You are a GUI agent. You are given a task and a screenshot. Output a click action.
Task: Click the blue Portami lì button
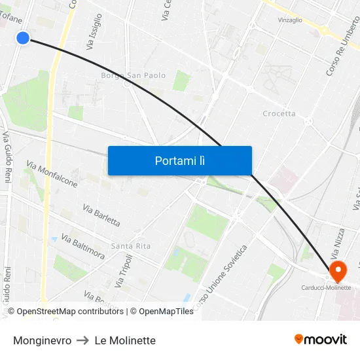179,160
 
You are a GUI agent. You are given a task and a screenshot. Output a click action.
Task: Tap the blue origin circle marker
23,38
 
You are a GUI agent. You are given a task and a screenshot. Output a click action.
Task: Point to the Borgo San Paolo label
133,75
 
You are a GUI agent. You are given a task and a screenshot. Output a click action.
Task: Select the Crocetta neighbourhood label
279,113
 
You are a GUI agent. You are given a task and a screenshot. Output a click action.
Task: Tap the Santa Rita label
130,246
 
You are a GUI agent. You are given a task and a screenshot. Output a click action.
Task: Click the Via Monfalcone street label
52,174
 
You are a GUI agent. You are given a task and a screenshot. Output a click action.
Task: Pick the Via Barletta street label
101,215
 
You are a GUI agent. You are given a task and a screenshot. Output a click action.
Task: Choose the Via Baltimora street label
82,246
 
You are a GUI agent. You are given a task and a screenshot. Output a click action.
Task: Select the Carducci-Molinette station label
326,287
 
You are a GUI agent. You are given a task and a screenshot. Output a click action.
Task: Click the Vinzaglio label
290,20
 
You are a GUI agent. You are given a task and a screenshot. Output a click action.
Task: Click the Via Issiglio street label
94,33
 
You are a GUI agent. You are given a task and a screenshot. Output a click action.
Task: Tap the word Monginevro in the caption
42,340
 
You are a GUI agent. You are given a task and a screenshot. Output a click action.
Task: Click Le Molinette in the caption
125,340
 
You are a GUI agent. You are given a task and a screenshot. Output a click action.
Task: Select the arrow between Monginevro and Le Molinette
83,340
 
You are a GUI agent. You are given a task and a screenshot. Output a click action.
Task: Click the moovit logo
320,339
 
